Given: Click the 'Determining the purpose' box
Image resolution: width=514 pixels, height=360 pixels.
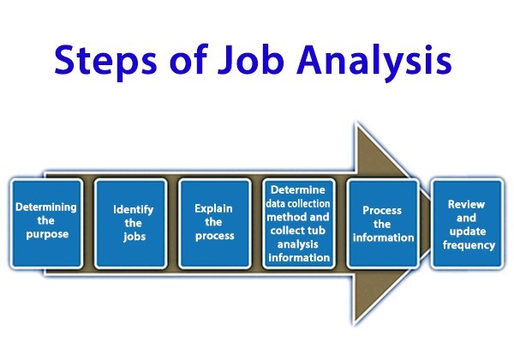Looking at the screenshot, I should click(45, 222).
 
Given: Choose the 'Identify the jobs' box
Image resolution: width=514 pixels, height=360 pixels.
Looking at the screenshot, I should click(131, 222).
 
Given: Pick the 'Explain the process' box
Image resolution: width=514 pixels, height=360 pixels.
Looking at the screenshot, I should click(214, 222).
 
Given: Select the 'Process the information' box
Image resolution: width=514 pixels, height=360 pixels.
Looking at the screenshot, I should click(382, 222).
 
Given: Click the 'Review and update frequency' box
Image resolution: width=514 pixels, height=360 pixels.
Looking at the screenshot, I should click(466, 222).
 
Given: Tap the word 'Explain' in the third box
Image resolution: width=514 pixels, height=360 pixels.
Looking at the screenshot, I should click(214, 207).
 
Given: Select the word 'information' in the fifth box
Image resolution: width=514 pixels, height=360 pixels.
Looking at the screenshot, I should click(382, 237).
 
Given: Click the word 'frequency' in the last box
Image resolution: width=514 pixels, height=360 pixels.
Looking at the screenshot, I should click(466, 245).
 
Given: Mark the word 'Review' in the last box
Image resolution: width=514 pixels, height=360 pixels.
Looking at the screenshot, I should click(466, 206).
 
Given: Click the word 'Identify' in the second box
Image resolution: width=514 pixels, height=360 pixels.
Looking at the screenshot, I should click(131, 208).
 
